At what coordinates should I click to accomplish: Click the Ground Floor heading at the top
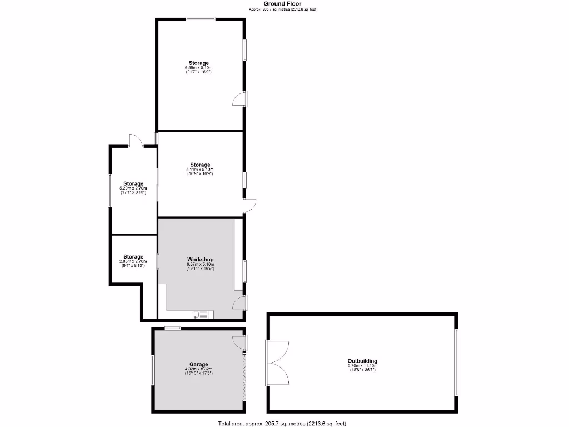282,3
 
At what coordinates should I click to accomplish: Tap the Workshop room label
200,260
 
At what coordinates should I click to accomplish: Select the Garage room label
198,364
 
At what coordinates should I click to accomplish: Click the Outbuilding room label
362,360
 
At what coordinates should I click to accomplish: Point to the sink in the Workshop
202,315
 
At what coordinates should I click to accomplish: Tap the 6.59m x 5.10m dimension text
199,68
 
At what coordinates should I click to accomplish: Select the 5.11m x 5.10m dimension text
200,170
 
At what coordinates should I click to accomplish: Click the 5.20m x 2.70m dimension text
133,188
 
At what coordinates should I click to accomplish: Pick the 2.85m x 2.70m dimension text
133,261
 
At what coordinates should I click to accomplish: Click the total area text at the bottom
282,423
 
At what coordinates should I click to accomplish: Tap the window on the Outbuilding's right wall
456,363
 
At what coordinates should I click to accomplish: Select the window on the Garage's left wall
153,370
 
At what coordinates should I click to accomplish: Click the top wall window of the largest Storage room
201,20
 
